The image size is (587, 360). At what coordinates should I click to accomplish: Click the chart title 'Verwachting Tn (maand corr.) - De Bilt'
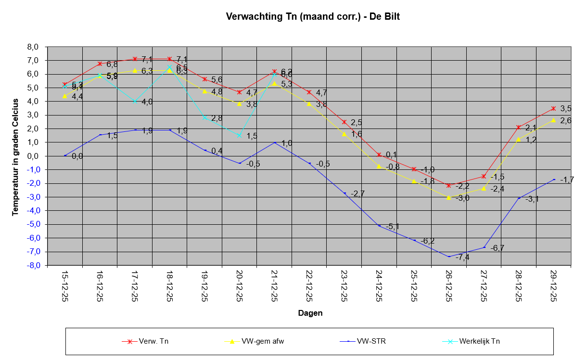coord(313,17)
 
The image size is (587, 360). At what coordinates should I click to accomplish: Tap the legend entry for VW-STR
coord(371,342)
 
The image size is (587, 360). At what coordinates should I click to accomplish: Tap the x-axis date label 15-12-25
coord(65,286)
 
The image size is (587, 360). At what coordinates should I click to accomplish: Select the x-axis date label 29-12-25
coord(553,286)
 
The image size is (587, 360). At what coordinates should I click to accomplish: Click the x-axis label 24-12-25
coord(379,286)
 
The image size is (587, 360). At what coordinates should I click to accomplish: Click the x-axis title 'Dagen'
coord(310,313)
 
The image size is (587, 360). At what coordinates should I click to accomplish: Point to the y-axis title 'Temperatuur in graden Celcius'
coord(15,156)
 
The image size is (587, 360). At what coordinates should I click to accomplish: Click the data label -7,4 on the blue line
coord(462,257)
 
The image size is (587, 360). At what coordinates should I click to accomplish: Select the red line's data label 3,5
coord(566,109)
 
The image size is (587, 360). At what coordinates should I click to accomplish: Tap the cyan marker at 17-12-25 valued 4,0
coord(135,102)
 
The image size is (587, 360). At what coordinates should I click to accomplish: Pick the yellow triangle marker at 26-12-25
coord(449,197)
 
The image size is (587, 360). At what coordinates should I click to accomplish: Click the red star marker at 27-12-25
coord(484,177)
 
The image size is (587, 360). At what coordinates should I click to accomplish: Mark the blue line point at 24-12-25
coord(379,226)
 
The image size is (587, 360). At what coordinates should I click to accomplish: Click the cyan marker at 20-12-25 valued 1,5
coord(239,136)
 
